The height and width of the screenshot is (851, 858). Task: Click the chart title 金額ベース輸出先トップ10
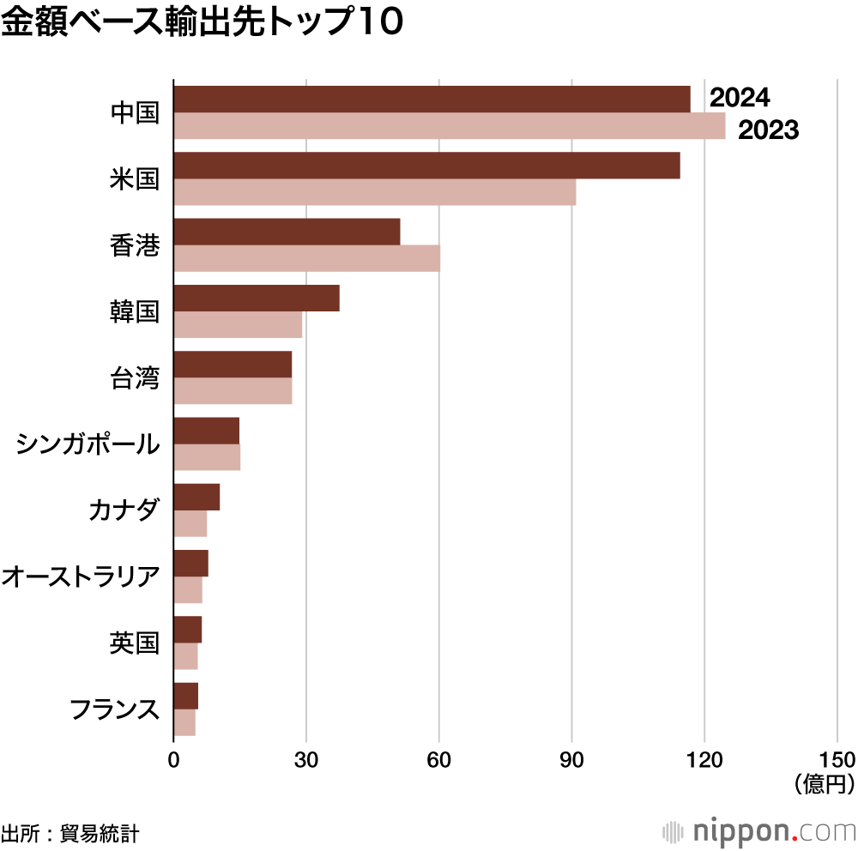(202, 23)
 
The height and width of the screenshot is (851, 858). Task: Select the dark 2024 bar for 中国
(432, 100)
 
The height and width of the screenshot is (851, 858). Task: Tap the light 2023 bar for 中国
(449, 126)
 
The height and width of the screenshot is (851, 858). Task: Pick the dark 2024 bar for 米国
(426, 166)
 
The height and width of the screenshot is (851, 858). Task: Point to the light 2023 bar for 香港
(306, 258)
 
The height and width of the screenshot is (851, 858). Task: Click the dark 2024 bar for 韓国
(257, 298)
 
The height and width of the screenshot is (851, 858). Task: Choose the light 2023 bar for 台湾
(233, 390)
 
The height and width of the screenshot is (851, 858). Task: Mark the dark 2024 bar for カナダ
(196, 497)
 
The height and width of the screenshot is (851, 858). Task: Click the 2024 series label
(740, 99)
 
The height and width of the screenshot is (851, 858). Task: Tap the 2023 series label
(769, 130)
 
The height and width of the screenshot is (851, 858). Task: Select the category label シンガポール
(88, 444)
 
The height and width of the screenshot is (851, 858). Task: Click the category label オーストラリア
(81, 576)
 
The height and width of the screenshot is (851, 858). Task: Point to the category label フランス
(114, 709)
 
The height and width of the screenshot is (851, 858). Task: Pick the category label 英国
(135, 643)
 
